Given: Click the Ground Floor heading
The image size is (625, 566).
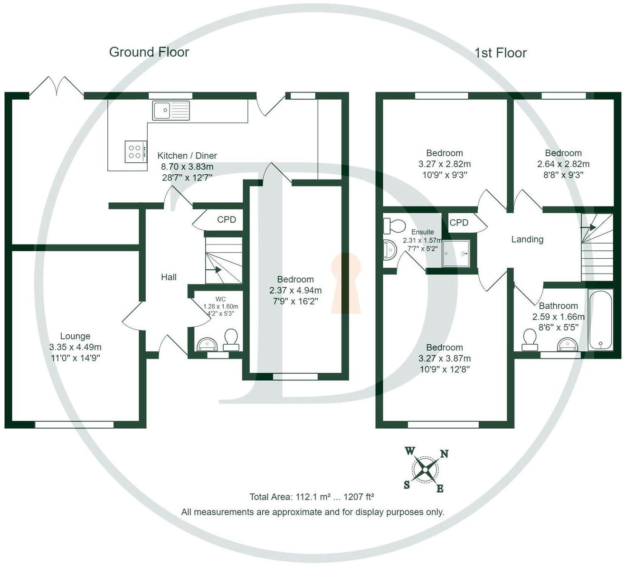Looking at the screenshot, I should [149, 52].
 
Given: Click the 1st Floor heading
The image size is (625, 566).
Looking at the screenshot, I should [500, 53].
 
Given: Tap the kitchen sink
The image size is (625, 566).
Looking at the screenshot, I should [170, 110].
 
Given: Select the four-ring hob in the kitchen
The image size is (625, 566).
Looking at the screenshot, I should [135, 151].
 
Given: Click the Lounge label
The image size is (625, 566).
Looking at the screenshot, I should [75, 336].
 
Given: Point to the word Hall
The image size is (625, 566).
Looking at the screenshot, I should [169, 277].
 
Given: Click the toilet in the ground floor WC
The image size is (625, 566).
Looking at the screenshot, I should [231, 339].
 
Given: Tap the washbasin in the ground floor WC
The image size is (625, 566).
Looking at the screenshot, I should [207, 343].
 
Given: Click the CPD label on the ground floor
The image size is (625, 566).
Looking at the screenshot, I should [227, 220].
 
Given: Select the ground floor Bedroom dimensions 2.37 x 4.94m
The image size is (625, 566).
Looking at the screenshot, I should [295, 290].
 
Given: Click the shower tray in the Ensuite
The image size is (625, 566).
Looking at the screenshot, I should [456, 253].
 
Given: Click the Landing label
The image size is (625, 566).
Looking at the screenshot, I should [527, 239].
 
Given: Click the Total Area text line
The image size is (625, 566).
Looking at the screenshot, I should [312, 497].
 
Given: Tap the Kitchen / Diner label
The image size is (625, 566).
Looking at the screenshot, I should [187, 156].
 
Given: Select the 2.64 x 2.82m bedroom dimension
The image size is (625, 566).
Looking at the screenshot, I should [563, 164].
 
